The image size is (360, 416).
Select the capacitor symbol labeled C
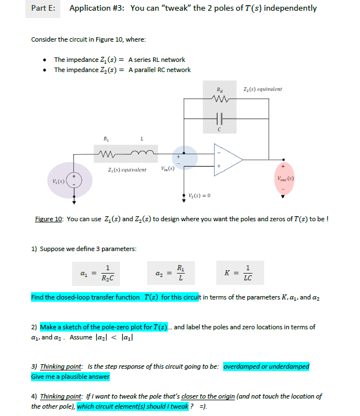tap(219, 120)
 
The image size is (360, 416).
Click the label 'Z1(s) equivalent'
tap(126, 169)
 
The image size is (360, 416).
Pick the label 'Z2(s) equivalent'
tap(263, 90)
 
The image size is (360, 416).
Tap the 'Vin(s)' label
tap(167, 169)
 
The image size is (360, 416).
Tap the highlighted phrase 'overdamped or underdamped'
tap(266, 366)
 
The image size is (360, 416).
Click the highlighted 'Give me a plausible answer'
tap(70, 377)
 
